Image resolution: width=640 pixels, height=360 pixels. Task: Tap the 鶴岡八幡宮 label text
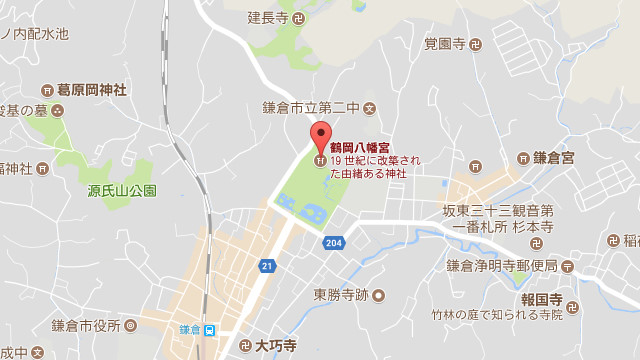coord(359,146)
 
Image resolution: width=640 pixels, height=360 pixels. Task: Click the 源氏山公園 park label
coord(122,190)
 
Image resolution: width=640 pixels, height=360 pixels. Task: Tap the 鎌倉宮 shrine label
coord(552,158)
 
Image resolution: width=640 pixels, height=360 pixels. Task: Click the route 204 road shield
coord(334,242)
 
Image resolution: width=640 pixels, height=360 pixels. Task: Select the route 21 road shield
coord(267,265)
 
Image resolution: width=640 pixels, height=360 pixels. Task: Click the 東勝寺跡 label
coord(343,295)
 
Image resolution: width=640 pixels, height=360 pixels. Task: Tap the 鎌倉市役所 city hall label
coord(86,326)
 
